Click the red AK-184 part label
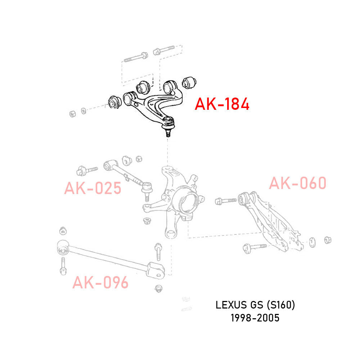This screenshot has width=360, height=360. pos(222,104)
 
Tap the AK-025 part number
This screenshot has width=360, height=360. pos(93,188)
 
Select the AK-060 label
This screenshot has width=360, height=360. pos(298,183)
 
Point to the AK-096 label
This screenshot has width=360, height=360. pos(100,283)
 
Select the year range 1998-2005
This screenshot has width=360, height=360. pos(255,318)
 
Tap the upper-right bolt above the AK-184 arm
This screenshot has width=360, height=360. pos(164,50)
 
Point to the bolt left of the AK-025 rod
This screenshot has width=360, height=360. pos(87,169)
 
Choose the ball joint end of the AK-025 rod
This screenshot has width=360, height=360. pos(147,189)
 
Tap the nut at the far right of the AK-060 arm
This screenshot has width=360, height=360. pos(328,240)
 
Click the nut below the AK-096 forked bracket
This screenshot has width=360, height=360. pos(158,288)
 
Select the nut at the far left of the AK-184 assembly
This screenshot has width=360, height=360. pos(72,113)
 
